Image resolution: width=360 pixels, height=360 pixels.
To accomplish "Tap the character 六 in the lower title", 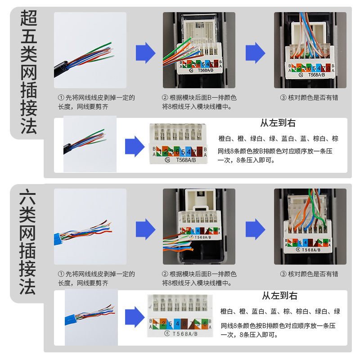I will point(28,197).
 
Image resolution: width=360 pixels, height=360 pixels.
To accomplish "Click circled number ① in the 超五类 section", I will point(60,98).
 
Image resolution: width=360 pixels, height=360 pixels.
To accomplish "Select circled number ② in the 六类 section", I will point(165,274).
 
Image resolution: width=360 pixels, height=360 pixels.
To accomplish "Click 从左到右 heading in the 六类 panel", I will point(279,296).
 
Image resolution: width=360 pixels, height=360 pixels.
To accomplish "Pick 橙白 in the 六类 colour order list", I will point(227,311).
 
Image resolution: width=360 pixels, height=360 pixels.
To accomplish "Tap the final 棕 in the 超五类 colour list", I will point(335,139).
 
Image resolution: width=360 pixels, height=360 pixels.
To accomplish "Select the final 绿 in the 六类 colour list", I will point(337,311).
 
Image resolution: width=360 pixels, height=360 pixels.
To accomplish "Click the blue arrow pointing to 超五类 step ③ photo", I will point(255,53).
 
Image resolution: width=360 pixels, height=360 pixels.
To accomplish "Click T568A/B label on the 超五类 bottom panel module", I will point(185,160).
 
